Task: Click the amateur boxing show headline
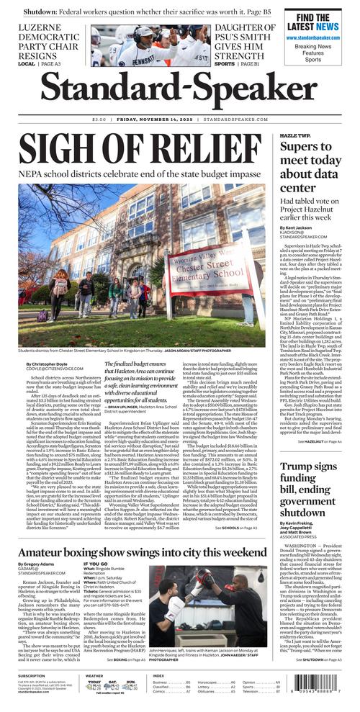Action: [x=144, y=550]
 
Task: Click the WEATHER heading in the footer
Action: [x=94, y=675]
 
